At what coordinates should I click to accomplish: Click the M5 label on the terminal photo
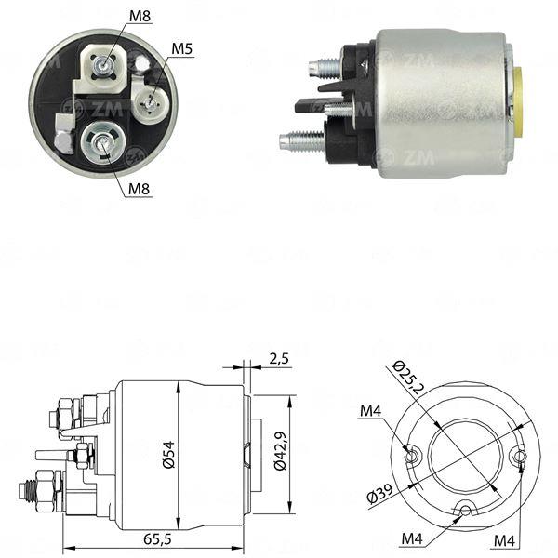click(x=182, y=48)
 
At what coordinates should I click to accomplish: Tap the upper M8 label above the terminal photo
click(x=139, y=16)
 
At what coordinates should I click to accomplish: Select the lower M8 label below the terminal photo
click(x=139, y=189)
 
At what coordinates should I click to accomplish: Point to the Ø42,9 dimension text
click(x=280, y=451)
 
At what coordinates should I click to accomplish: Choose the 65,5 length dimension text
click(x=158, y=539)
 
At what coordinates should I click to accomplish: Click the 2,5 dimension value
click(x=279, y=359)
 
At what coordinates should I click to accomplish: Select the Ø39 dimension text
click(x=379, y=494)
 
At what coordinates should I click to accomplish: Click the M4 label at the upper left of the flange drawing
click(x=370, y=411)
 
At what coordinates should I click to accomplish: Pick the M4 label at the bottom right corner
click(x=504, y=541)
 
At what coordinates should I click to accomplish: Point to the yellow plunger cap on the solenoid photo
click(x=518, y=101)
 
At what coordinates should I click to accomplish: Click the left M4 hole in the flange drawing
click(x=411, y=455)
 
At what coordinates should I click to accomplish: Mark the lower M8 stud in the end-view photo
click(x=101, y=142)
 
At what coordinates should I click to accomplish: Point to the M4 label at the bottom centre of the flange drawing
click(x=412, y=538)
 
